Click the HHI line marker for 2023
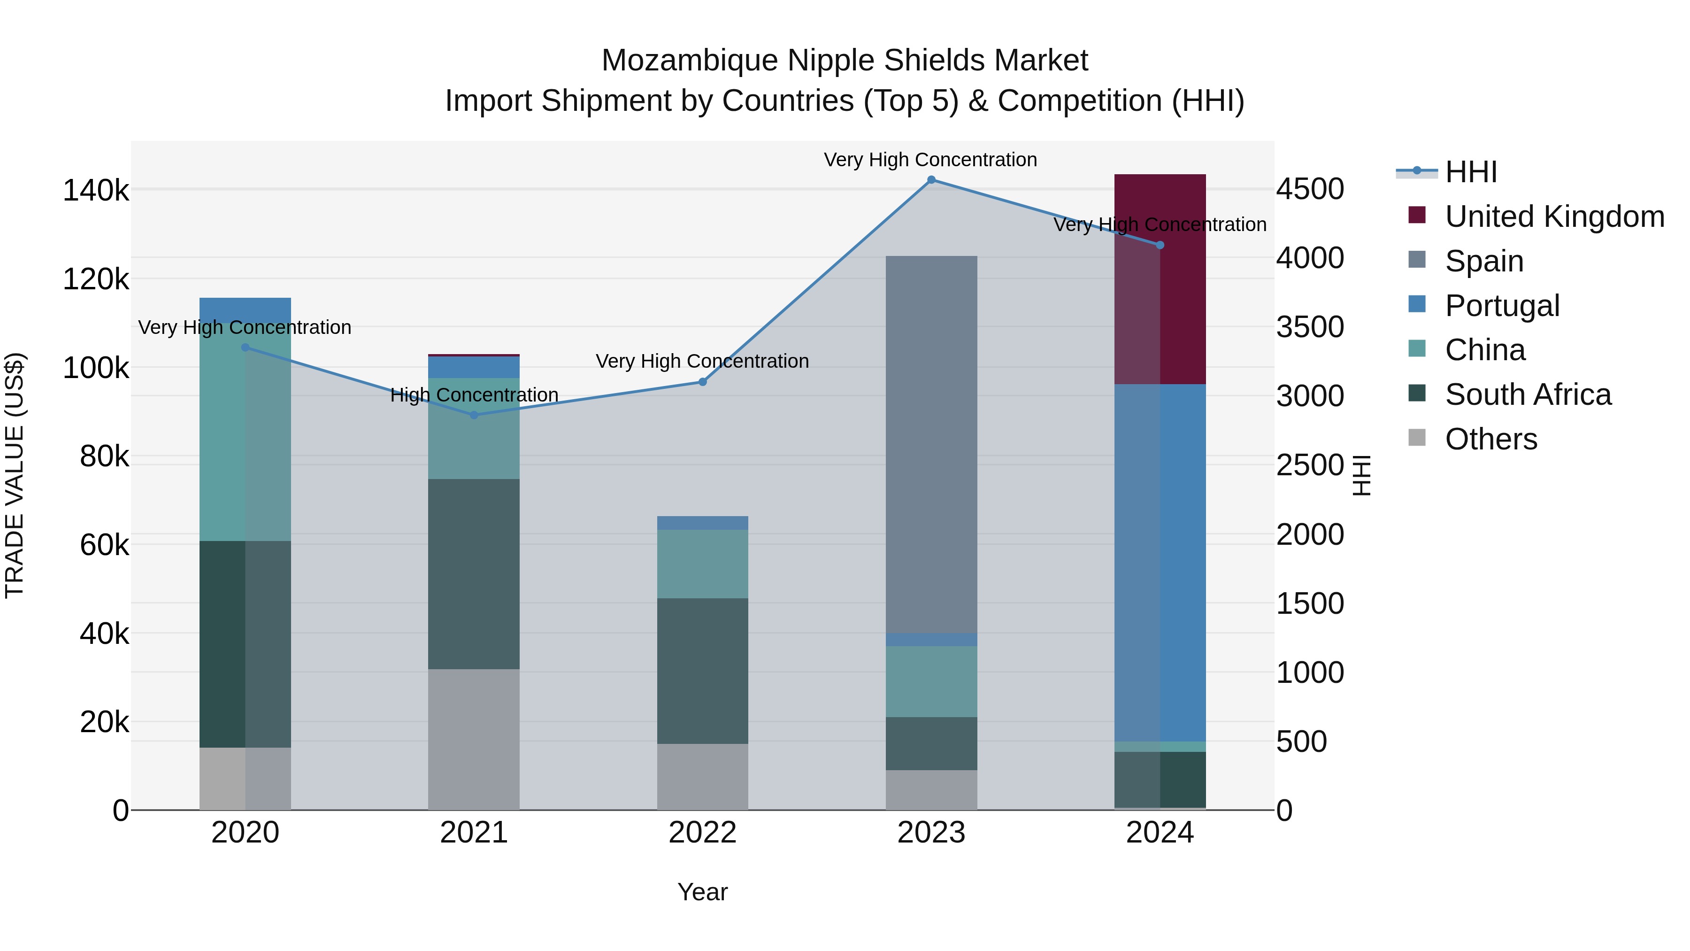click(x=931, y=180)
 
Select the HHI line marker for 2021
click(x=474, y=415)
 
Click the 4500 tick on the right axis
click(x=1309, y=189)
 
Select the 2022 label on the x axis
click(x=703, y=833)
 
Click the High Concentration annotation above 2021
click(x=474, y=395)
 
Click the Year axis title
click(x=703, y=892)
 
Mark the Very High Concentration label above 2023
click(x=930, y=160)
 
